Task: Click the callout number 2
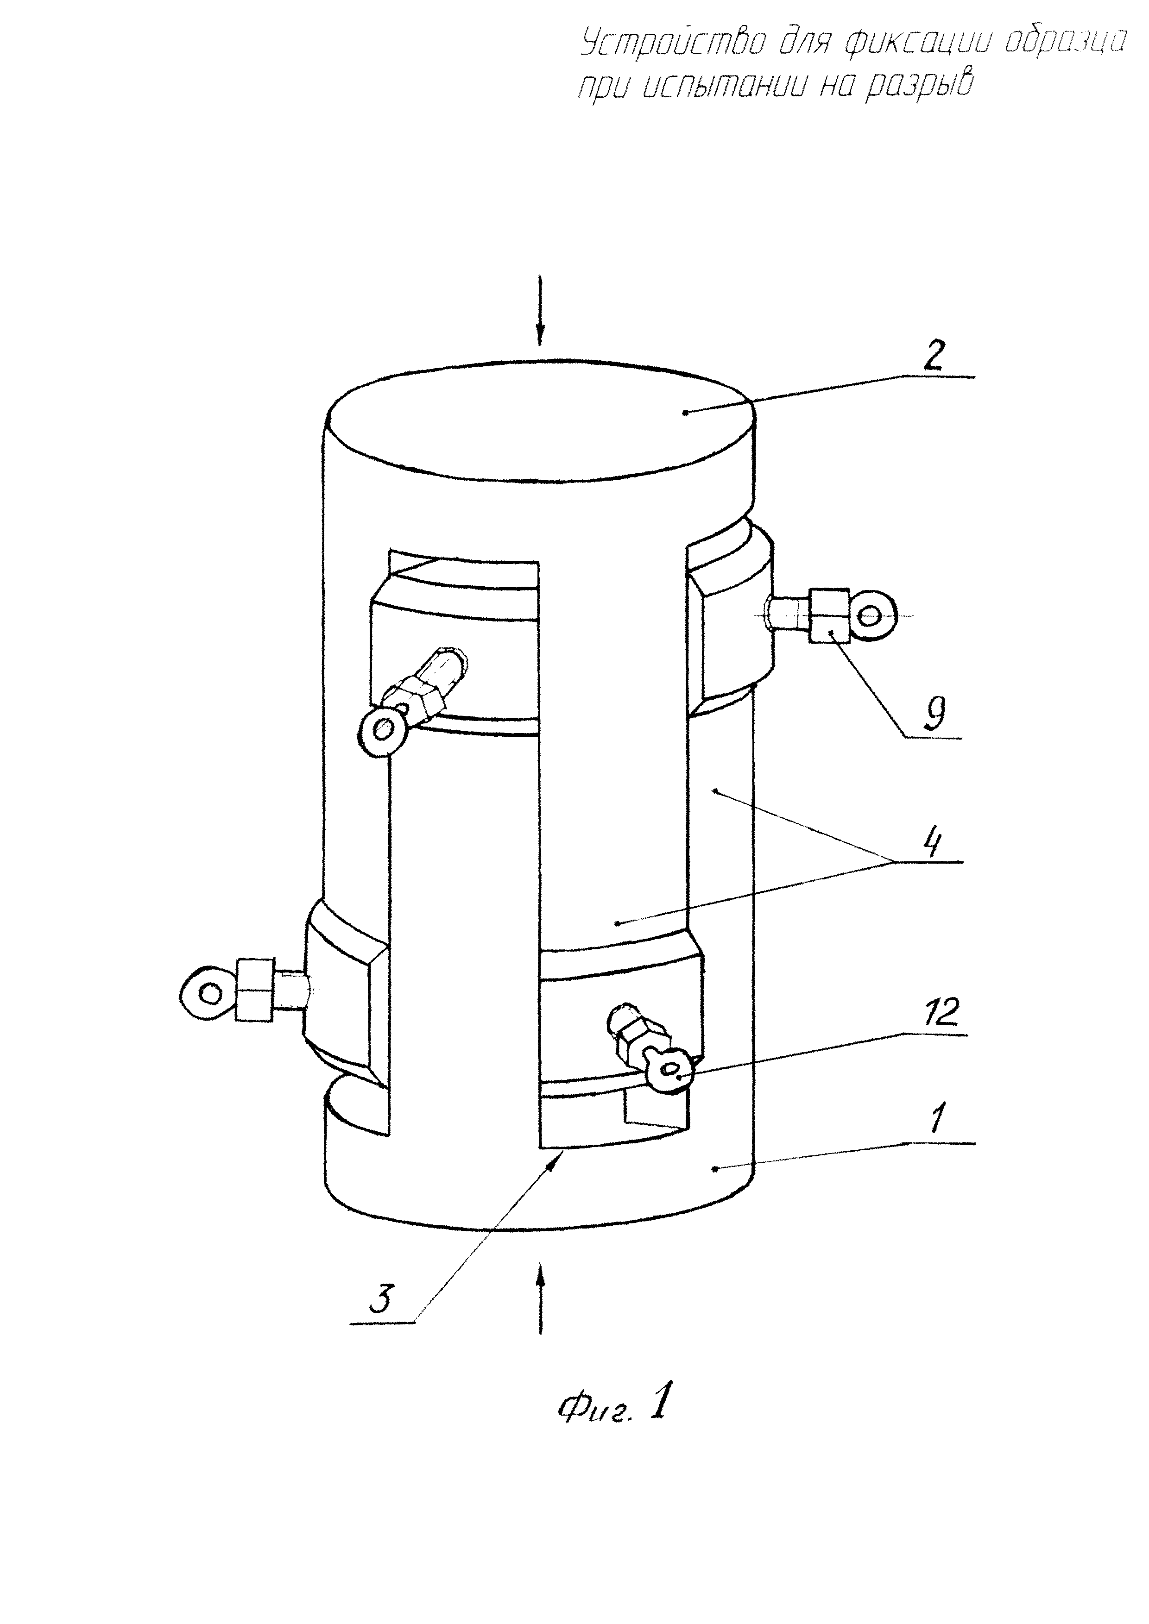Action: pos(933,358)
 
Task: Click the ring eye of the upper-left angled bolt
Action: pos(382,730)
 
